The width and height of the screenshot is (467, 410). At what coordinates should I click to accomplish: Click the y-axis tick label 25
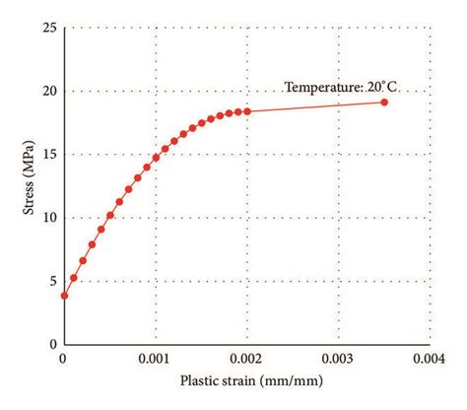[x=48, y=27]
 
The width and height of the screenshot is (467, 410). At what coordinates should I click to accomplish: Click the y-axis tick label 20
[x=48, y=91]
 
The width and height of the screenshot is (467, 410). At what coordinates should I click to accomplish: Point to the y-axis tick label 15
[x=48, y=154]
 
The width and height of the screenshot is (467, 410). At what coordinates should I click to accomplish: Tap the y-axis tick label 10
[x=48, y=217]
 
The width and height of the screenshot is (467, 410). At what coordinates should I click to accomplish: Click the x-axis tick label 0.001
[x=155, y=360]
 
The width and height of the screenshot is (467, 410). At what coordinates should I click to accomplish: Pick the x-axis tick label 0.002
[x=246, y=360]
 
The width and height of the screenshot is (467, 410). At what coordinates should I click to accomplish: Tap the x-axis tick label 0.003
[x=338, y=360]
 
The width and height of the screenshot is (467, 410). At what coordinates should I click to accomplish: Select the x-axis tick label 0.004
[x=430, y=360]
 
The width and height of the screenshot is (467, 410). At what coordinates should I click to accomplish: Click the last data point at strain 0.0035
[x=383, y=102]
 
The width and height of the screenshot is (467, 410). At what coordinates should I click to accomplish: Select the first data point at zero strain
[x=64, y=295]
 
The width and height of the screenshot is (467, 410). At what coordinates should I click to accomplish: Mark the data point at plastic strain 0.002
[x=246, y=111]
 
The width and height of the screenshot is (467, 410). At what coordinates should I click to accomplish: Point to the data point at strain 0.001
[x=156, y=158]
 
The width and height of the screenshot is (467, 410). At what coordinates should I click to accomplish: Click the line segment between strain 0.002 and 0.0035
[x=315, y=106]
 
